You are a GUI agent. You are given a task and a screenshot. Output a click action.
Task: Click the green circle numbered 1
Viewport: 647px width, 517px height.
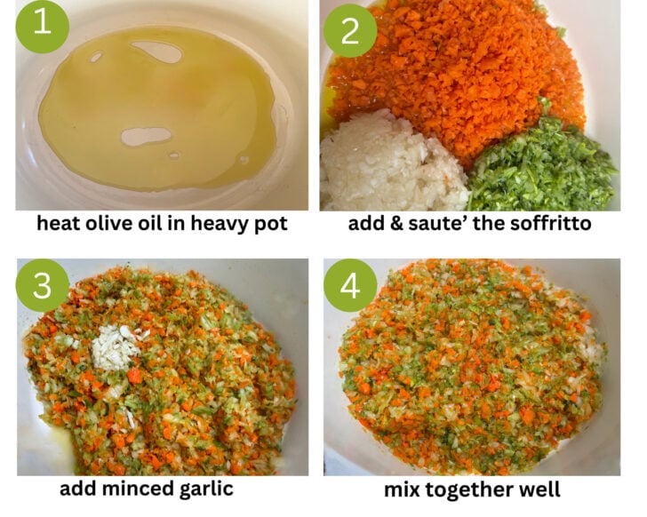[43, 27]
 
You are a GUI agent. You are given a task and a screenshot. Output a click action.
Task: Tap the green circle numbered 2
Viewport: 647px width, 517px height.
[350, 30]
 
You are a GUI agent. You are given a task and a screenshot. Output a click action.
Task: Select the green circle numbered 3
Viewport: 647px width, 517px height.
[43, 285]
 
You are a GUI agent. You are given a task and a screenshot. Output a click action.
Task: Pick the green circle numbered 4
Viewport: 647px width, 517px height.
[350, 285]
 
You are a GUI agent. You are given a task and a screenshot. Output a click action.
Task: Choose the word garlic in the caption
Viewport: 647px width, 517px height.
[206, 489]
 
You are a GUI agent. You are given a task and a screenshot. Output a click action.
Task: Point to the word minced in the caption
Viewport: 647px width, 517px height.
[139, 489]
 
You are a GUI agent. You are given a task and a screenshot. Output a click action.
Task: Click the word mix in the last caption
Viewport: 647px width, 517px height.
[402, 489]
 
